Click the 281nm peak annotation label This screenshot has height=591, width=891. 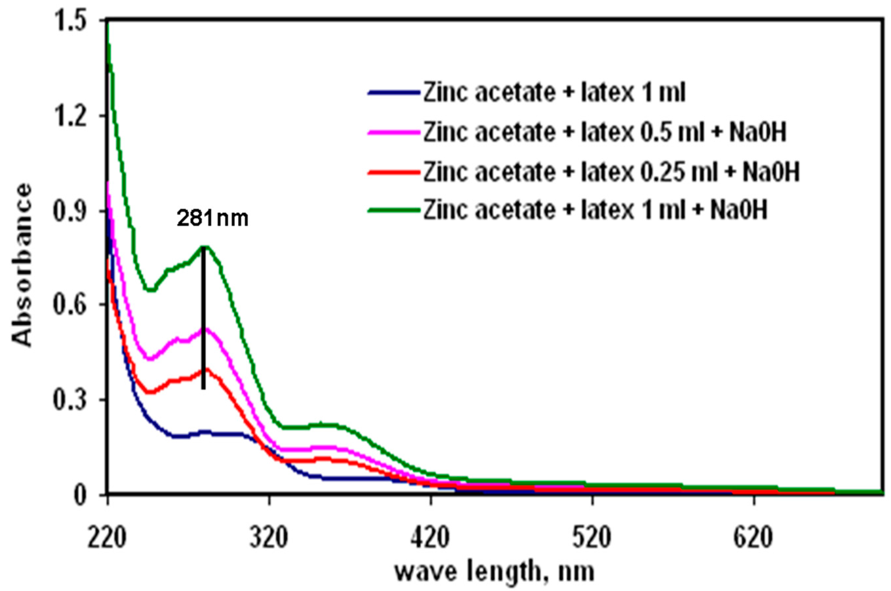(x=213, y=219)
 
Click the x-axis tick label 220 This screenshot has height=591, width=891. (x=107, y=539)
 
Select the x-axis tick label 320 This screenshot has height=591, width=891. (x=268, y=539)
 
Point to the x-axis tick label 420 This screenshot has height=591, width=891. (x=430, y=539)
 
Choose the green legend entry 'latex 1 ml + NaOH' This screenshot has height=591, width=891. (x=596, y=210)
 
